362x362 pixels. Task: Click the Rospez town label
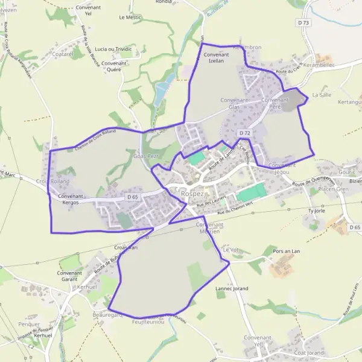pos(192,194)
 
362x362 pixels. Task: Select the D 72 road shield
pos(244,133)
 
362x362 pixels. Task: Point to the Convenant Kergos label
pos(71,199)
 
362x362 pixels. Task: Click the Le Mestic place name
pos(130,17)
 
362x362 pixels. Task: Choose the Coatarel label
pos(63,54)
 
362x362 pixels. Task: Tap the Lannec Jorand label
pos(232,289)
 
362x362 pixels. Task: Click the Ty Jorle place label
pos(316,211)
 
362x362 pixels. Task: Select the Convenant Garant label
pos(69,276)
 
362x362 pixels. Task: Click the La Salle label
pos(322,95)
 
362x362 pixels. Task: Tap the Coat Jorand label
pos(309,352)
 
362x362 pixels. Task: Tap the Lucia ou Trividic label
pos(113,49)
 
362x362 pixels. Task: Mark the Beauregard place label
pos(107,315)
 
